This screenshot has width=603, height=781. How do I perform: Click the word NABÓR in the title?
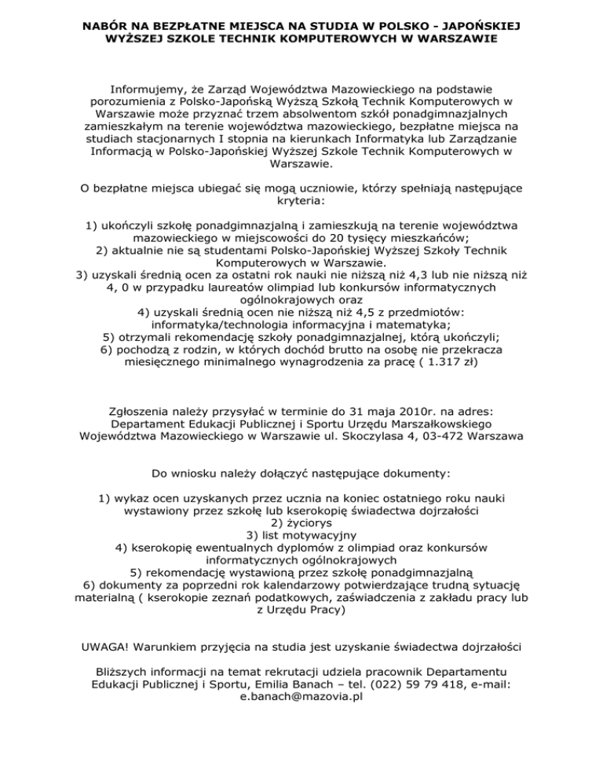(106, 26)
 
